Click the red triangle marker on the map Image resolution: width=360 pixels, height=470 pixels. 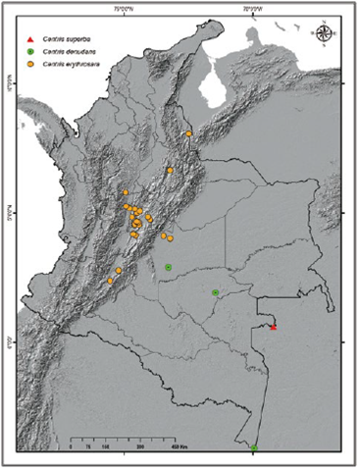pyautogui.click(x=274, y=327)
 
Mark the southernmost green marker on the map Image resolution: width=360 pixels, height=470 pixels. pyautogui.click(x=254, y=448)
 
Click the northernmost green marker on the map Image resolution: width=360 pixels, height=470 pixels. pyautogui.click(x=169, y=267)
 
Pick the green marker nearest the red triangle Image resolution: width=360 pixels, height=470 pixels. pyautogui.click(x=215, y=293)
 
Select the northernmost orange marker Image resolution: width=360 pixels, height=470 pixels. pyautogui.click(x=188, y=133)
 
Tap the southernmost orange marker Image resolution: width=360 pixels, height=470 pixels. pyautogui.click(x=110, y=282)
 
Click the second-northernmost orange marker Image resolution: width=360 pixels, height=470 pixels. pyautogui.click(x=170, y=170)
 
